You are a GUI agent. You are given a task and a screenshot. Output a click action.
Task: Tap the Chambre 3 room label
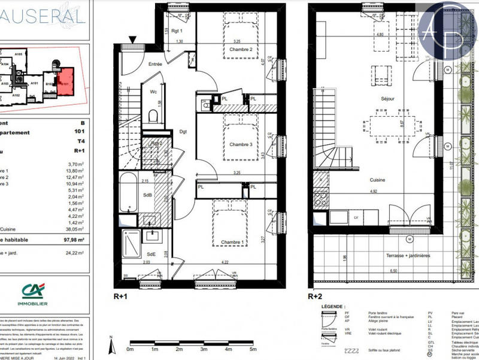click(x=230, y=144)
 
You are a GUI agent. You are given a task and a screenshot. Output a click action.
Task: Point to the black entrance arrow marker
click(x=132, y=40)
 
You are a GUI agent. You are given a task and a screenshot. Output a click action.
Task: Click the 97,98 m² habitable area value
click(x=74, y=241)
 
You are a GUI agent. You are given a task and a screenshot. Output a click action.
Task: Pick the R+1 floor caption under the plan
click(x=120, y=295)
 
